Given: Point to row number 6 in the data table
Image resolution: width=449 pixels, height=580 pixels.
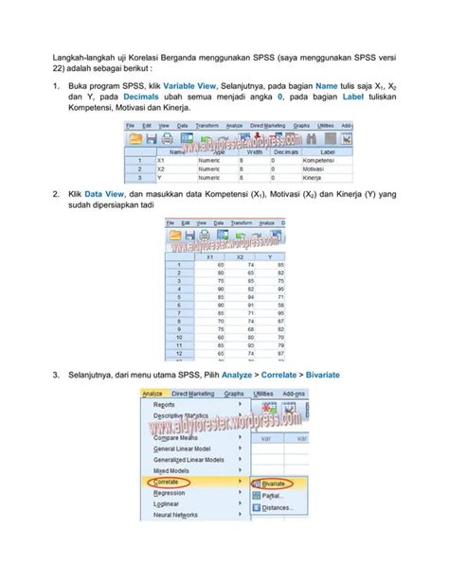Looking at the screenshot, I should [x=177, y=306].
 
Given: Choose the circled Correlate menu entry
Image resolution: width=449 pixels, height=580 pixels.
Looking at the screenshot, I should [x=169, y=481].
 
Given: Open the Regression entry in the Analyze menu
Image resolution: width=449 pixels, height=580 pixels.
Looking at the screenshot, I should [x=170, y=492].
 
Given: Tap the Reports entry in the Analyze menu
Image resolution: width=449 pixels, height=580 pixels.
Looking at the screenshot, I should [x=164, y=404].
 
